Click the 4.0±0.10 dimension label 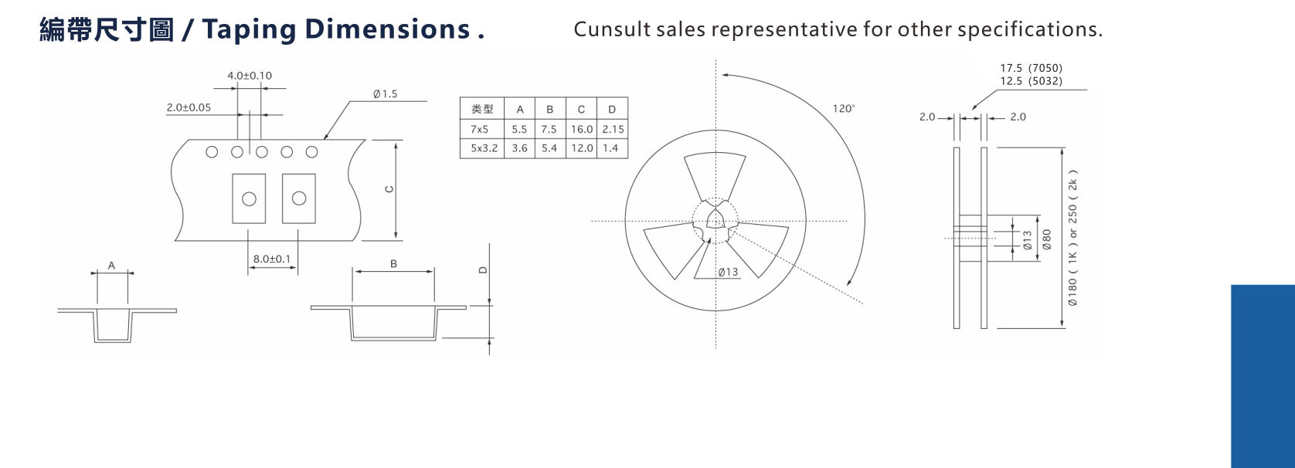pos(249,76)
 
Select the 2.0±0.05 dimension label pos(189,107)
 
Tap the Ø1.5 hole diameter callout pos(385,94)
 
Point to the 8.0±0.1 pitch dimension pos(272,259)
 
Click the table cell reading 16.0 pos(581,129)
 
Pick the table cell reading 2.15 pos(613,129)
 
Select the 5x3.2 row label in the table pos(484,148)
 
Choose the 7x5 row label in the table pos(480,129)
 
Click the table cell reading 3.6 pos(519,148)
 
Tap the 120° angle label pos(843,109)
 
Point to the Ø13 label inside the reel pos(728,272)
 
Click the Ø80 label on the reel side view pos(1047,239)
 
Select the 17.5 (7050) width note pos(1031,68)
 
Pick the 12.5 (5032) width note pos(1031,81)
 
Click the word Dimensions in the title pos(387,29)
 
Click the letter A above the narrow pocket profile pos(111,265)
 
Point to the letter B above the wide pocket pos(393,263)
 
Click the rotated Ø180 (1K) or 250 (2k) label pos(1072,238)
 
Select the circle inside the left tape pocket pos(249,199)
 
